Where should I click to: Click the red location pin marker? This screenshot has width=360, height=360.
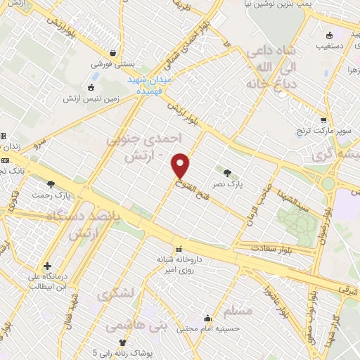[x=181, y=165]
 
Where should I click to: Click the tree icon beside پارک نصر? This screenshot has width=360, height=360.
[x=227, y=172]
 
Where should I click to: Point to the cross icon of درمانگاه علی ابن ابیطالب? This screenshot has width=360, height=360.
[x=46, y=266]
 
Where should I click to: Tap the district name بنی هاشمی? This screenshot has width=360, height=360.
[x=130, y=326]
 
